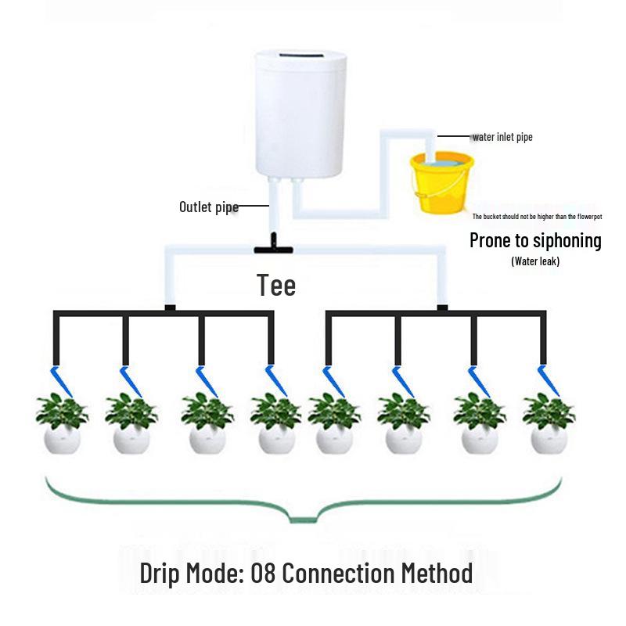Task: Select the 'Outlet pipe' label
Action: point(208,207)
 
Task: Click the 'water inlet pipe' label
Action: point(502,137)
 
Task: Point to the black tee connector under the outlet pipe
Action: point(272,247)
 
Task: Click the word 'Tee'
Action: point(276,285)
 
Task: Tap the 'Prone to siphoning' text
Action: point(535,240)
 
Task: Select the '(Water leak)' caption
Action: point(535,261)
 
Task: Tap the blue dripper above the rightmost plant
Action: point(545,380)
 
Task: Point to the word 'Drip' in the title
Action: point(160,573)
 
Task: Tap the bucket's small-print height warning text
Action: point(537,216)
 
